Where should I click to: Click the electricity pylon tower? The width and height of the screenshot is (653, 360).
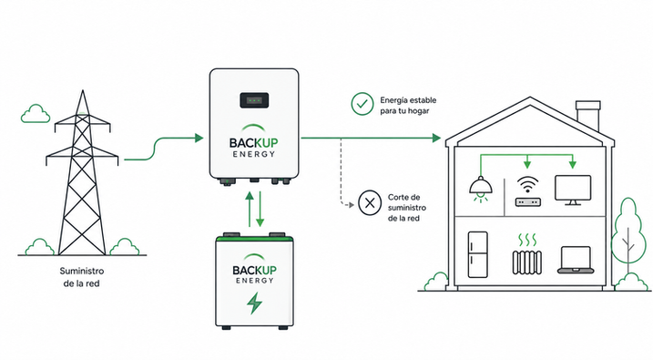82,175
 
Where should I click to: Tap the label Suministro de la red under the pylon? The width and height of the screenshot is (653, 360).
82,277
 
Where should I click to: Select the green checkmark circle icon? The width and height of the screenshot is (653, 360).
362,104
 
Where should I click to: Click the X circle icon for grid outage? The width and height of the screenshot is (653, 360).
370,203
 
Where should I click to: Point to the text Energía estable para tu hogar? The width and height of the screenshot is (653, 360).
408,106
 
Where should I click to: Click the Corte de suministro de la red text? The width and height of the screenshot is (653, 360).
407,208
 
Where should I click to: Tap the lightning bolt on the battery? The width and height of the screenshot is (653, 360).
254,303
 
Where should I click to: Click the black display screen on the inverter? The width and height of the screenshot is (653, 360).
254,100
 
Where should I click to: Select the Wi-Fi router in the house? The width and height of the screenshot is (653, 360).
528,191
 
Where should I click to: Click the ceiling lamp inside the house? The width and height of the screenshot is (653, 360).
481,189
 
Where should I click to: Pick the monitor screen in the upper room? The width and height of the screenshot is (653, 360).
573,190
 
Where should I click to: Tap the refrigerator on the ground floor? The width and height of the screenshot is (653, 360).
477,254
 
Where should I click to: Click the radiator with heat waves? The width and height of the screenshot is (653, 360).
527,254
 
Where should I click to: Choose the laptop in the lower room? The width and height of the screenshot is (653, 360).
576,260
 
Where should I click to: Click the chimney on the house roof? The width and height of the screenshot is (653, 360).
588,116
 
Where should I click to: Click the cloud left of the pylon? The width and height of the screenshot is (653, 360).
36,114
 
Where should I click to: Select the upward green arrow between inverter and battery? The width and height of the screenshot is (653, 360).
250,209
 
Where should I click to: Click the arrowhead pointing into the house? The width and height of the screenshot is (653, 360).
436,138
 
